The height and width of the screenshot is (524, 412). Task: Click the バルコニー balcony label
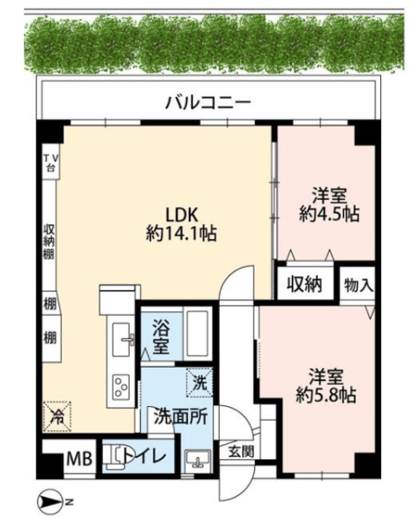208,102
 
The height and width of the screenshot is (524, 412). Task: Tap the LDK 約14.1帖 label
181,224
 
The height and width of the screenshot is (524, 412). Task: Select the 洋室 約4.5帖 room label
329,205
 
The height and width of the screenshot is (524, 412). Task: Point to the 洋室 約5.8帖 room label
326,386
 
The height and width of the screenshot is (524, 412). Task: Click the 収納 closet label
305,284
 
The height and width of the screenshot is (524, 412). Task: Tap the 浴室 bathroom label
161,337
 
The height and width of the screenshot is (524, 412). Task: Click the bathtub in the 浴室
197,333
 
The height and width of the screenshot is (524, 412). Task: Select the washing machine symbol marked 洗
199,382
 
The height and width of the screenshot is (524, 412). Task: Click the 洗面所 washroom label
181,417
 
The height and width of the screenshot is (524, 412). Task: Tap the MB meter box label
79,458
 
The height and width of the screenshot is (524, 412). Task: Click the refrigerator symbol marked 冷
56,416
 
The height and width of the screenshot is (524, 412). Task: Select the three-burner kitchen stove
121,386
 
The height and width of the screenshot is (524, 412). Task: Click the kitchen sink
122,339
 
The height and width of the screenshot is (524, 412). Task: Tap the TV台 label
51,162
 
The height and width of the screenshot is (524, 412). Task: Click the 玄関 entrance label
241,452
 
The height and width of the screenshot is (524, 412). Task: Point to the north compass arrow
49,501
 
